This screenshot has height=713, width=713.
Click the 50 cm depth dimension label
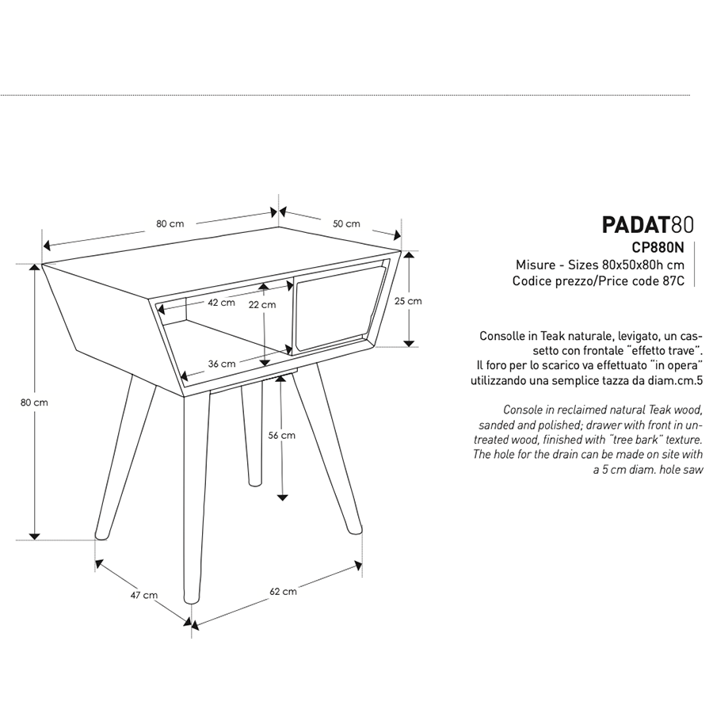(x=346, y=223)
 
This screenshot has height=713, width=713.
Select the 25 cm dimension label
(x=408, y=301)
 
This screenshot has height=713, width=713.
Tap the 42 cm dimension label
(x=222, y=303)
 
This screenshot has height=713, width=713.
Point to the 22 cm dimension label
(x=262, y=305)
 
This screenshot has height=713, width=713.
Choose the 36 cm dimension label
(x=222, y=364)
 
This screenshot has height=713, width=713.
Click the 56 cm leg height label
(x=281, y=435)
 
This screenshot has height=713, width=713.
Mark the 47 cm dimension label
(x=144, y=595)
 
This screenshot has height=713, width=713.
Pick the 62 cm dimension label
(x=283, y=591)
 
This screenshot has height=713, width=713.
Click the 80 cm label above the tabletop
(x=170, y=223)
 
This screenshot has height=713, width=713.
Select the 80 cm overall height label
(x=34, y=402)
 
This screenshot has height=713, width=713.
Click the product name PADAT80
(x=648, y=225)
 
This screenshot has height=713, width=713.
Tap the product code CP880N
(x=658, y=247)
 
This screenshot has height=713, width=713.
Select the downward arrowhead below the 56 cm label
(x=282, y=497)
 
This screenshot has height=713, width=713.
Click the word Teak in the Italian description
(x=551, y=336)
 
